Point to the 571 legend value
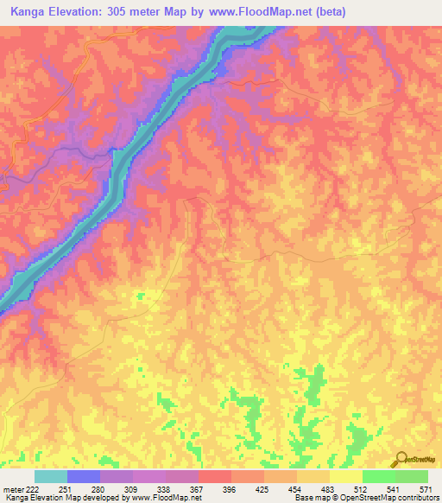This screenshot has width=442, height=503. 425,490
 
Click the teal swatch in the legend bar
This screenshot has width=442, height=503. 51,476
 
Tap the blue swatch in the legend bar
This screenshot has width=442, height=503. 84,476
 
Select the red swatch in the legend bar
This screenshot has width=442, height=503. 215,476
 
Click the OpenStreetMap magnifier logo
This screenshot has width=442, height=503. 399,460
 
